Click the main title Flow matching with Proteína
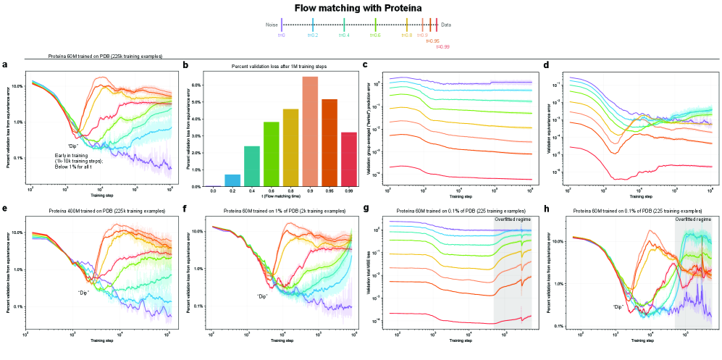pyautogui.click(x=361, y=8)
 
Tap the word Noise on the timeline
pyautogui.click(x=272, y=25)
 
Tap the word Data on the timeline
pyautogui.click(x=446, y=25)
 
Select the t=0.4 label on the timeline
pyautogui.click(x=344, y=35)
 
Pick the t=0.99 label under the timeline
pyautogui.click(x=443, y=46)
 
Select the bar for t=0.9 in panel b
pyautogui.click(x=310, y=131)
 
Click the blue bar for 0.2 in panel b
pyautogui.click(x=232, y=180)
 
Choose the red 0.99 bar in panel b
pyautogui.click(x=349, y=159)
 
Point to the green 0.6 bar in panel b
pyautogui.click(x=271, y=154)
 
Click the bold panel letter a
pyautogui.click(x=5, y=65)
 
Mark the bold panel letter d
pyautogui.click(x=546, y=65)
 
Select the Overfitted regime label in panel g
pyautogui.click(x=511, y=217)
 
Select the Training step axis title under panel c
pyautogui.click(x=458, y=196)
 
